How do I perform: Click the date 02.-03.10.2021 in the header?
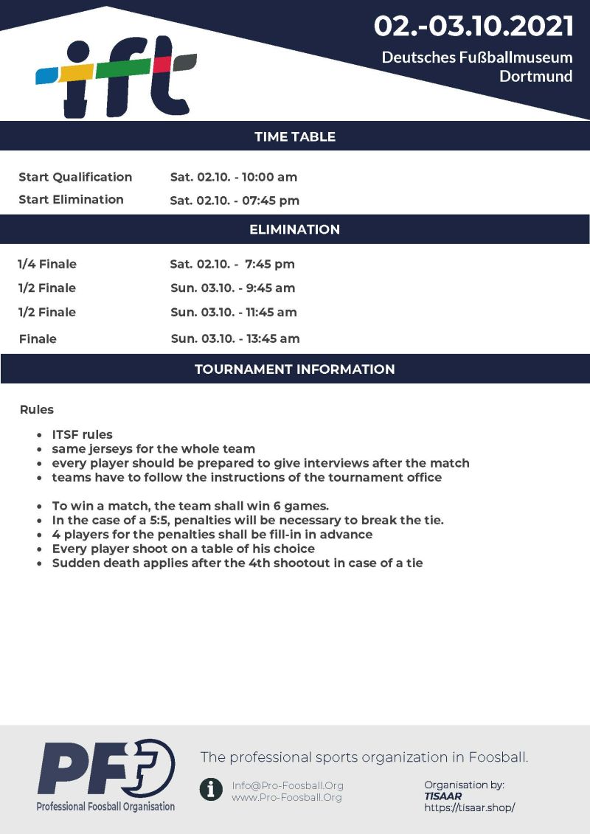[x=473, y=27]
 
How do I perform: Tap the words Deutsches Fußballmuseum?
[x=476, y=57]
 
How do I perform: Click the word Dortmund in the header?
[x=535, y=76]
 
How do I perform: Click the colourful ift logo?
[x=117, y=75]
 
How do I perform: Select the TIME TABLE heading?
[x=295, y=136]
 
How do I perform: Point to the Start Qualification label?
[x=75, y=177]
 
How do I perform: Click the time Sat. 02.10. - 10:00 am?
[x=234, y=177]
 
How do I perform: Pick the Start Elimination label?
[x=71, y=200]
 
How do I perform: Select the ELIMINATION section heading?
[x=295, y=229]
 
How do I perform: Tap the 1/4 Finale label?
[x=47, y=264]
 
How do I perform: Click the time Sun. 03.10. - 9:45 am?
[x=233, y=288]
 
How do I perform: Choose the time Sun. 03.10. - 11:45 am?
[x=234, y=313]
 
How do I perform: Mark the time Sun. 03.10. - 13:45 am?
[x=235, y=339]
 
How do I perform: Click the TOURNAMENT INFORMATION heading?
[x=295, y=369]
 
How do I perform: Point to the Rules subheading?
[x=37, y=409]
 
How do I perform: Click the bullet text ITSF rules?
[x=82, y=434]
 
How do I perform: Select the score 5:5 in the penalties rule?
[x=159, y=520]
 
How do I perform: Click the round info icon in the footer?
[x=211, y=790]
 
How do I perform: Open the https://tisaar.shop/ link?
[x=469, y=807]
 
